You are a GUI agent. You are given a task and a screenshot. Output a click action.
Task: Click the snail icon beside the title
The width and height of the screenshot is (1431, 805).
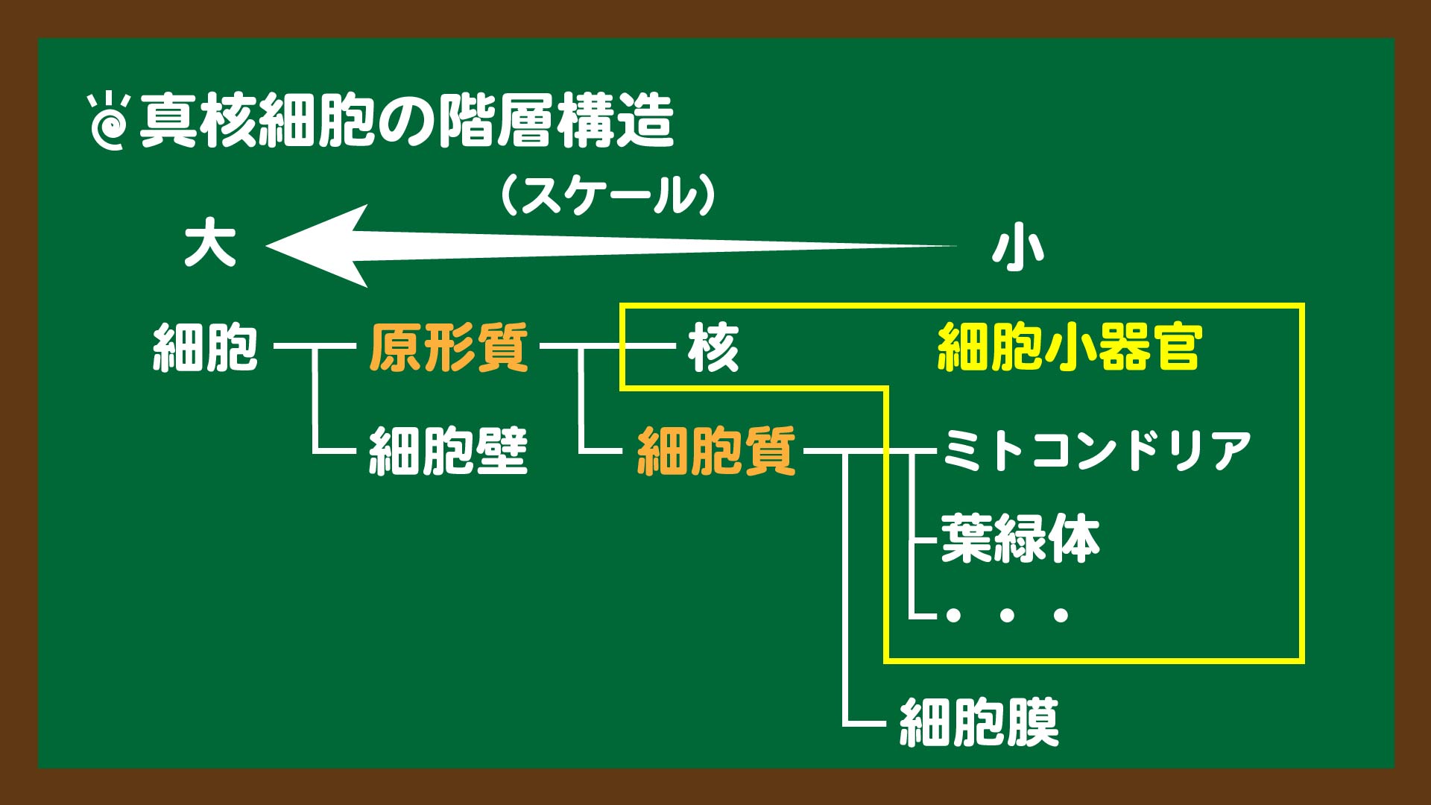point(110,121)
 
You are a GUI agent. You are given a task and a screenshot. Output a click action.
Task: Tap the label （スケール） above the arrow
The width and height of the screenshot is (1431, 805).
point(608,195)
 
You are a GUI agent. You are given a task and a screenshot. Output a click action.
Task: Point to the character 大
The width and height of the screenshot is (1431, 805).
point(210,244)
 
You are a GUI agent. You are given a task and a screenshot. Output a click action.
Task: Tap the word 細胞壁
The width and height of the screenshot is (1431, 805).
point(449,451)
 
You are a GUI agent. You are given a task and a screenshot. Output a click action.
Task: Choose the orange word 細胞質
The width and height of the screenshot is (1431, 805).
point(716,451)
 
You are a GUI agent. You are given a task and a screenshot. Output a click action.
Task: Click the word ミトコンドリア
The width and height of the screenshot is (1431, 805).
point(1097,450)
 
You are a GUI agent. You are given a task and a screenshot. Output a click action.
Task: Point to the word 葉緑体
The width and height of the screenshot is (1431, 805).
point(1020,538)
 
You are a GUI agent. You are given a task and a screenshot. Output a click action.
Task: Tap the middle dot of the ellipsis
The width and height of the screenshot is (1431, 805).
point(1006,615)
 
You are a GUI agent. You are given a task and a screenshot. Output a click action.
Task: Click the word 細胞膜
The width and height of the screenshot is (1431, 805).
point(979,722)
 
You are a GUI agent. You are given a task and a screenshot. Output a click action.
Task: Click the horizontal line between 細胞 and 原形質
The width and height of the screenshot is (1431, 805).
point(315,346)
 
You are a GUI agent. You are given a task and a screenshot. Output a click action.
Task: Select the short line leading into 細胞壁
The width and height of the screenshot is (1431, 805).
point(335,451)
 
